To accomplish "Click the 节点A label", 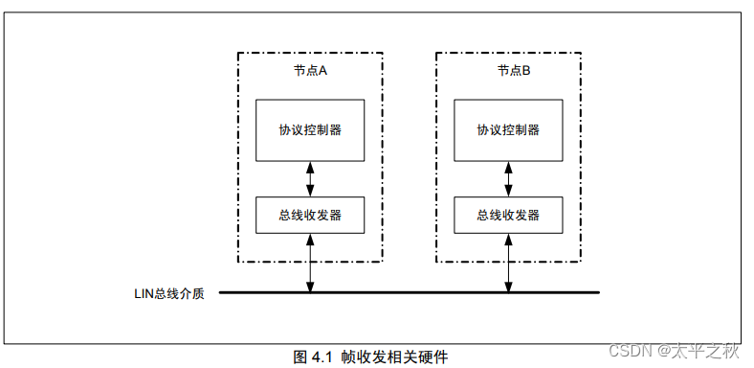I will pyautogui.click(x=310, y=71).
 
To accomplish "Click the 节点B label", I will pyautogui.click(x=508, y=71).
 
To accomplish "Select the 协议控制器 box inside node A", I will pyautogui.click(x=310, y=129).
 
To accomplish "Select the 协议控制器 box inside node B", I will pyautogui.click(x=508, y=129).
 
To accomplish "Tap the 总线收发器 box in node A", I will pyautogui.click(x=310, y=215).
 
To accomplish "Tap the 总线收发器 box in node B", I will pyautogui.click(x=508, y=215).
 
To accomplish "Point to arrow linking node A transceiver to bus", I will pyautogui.click(x=310, y=263).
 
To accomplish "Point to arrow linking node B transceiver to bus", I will pyautogui.click(x=508, y=263).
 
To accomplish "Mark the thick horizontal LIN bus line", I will pyautogui.click(x=411, y=292).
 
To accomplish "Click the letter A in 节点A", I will pyautogui.click(x=324, y=71).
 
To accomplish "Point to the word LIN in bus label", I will pyautogui.click(x=143, y=292).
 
